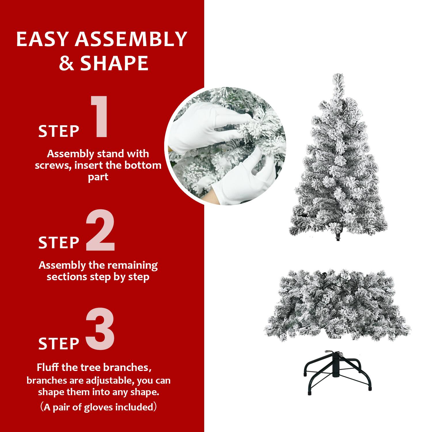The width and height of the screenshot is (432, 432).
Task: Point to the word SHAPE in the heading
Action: (x=114, y=63)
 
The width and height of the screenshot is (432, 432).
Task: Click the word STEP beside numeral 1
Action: (x=59, y=131)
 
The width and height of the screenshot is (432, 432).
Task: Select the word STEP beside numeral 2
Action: (x=59, y=242)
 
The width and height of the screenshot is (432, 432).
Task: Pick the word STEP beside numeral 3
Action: (x=59, y=343)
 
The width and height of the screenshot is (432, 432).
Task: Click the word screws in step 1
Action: (x=51, y=165)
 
